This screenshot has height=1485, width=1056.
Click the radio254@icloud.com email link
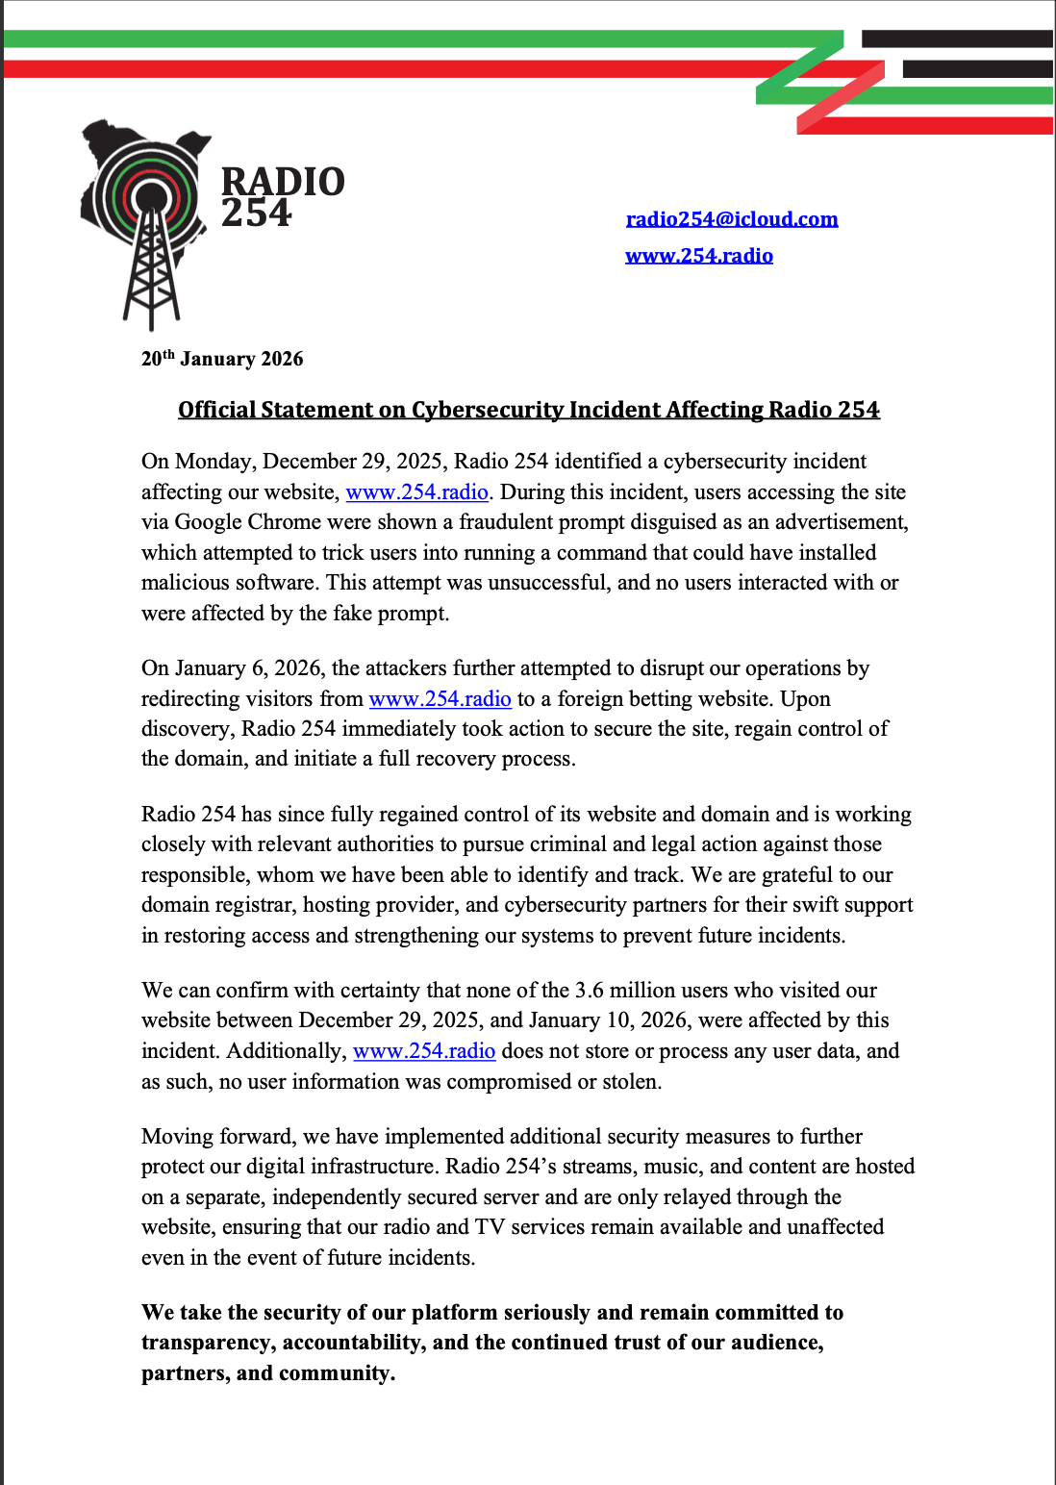pos(731,219)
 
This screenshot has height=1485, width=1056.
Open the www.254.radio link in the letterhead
pos(698,256)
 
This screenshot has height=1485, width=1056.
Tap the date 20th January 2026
pos(222,359)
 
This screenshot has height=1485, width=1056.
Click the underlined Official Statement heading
pos(528,410)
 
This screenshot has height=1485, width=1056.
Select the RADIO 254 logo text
pos(282,197)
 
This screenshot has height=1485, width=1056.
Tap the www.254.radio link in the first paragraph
pos(416,492)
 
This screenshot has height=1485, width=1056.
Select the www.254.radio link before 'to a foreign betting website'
pos(440,699)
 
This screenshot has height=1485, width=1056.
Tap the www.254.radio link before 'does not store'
pos(424,1051)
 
